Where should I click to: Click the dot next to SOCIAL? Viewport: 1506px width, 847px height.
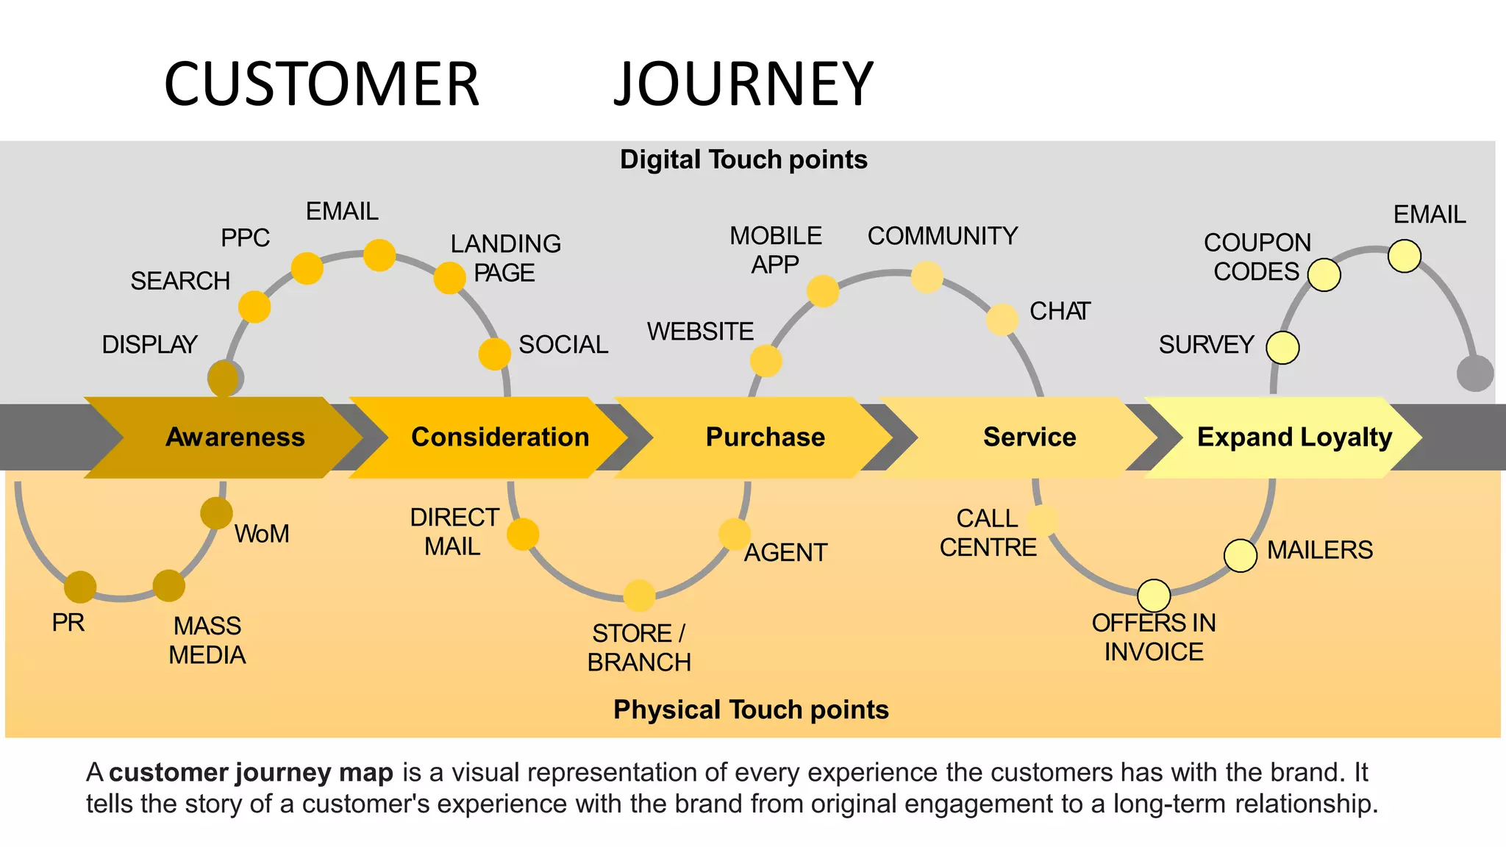coord(495,354)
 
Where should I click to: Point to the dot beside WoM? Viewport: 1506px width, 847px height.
coord(216,512)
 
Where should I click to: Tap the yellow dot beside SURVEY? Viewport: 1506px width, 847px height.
coord(1282,347)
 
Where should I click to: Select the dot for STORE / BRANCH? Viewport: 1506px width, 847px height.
coord(639,595)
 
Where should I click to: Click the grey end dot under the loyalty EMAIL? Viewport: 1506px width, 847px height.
coord(1474,373)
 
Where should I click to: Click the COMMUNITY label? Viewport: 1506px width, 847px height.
coord(942,236)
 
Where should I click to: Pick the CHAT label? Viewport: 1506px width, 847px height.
coord(1059,311)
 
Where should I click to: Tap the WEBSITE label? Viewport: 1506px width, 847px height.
coord(700,332)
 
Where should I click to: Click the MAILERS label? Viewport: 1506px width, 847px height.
coord(1319,550)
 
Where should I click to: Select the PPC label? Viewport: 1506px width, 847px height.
coord(245,238)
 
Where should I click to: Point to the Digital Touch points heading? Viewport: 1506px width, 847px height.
coord(743,160)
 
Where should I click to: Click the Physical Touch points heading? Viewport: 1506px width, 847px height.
coord(751,710)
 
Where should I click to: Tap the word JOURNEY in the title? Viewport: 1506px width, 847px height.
coord(743,84)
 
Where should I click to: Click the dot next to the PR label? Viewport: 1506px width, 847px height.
coord(80,587)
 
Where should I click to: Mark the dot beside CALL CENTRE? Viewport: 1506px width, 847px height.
coord(1043,520)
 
